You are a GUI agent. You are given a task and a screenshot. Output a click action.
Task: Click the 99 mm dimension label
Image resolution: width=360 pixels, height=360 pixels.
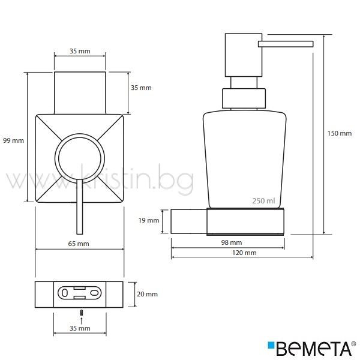(14, 140)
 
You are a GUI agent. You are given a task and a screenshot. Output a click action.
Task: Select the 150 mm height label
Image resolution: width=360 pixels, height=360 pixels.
(340, 133)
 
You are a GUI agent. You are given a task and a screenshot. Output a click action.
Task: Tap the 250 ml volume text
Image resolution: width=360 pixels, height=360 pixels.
(263, 201)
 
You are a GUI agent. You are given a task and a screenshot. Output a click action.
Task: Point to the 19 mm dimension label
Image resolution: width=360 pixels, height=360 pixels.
(149, 220)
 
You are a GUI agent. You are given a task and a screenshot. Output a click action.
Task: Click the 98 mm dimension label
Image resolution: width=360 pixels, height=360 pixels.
(232, 242)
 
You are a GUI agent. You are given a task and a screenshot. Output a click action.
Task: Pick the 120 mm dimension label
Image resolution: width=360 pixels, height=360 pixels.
(244, 253)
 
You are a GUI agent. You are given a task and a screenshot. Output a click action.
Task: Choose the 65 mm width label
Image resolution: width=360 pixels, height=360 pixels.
(79, 244)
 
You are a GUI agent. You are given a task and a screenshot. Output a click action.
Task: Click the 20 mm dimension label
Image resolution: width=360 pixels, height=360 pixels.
(147, 294)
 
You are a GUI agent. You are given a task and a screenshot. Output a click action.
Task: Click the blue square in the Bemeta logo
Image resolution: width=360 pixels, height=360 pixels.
(271, 345)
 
